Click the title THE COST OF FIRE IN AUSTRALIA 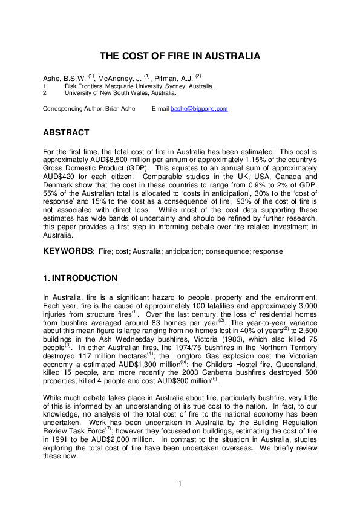[x=180, y=56]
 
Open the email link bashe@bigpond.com [x=198, y=109]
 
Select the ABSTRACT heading [x=66, y=132]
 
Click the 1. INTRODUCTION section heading [x=80, y=279]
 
